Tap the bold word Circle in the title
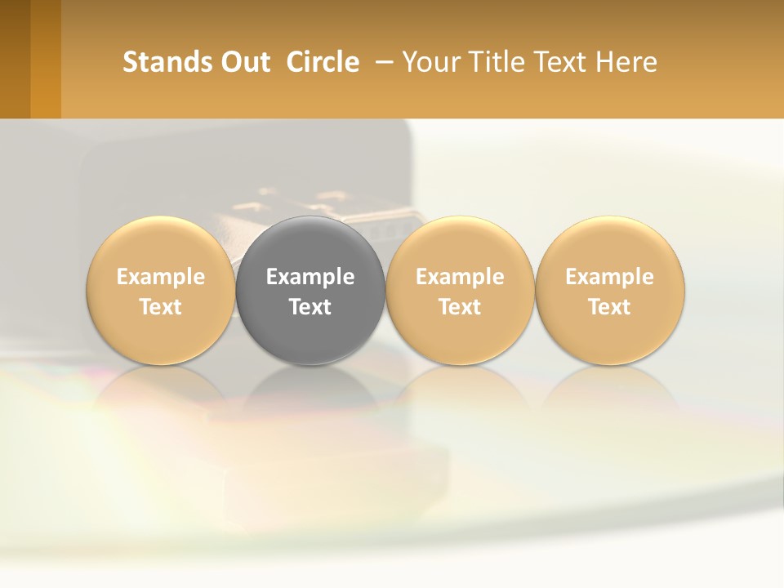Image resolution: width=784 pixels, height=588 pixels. [x=323, y=62]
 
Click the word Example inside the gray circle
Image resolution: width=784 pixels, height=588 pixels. [x=310, y=277]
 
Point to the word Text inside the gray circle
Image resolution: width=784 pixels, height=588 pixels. [x=310, y=307]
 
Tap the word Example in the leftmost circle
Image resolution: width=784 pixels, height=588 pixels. [x=161, y=277]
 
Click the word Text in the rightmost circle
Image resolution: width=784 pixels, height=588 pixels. [x=610, y=307]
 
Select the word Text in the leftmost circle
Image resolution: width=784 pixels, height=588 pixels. [x=161, y=307]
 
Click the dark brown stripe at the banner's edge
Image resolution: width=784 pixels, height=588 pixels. [x=15, y=59]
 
